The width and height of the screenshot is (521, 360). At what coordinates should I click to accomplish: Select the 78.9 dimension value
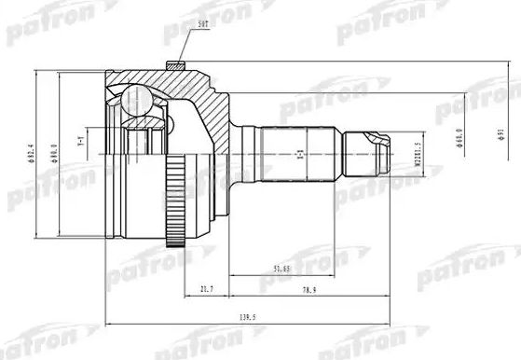(308, 291)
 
